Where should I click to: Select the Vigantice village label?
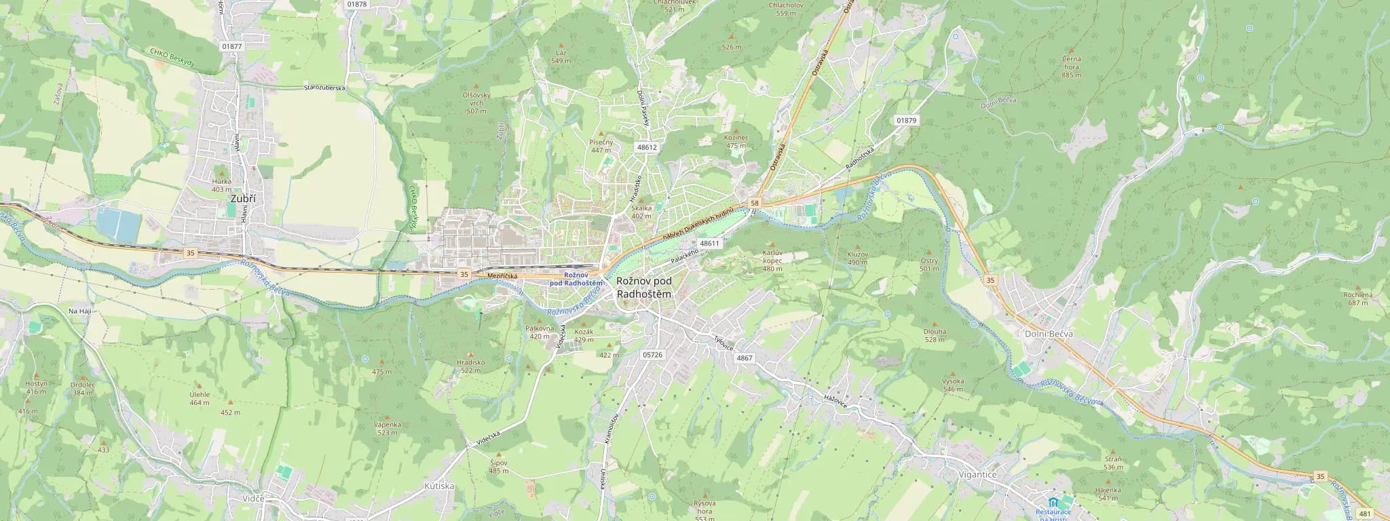tap(978, 475)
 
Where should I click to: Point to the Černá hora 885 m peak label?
tap(1072, 66)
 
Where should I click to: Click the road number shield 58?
tap(755, 203)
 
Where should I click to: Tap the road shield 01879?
tap(905, 120)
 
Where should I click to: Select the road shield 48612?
tap(647, 147)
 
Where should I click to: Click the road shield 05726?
tap(652, 355)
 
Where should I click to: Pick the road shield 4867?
tap(744, 358)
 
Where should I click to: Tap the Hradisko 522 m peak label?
tap(472, 366)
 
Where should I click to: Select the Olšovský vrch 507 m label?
tap(476, 102)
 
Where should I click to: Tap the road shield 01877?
tap(231, 46)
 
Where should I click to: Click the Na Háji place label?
tap(80, 310)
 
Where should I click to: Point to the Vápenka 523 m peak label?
tap(388, 428)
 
